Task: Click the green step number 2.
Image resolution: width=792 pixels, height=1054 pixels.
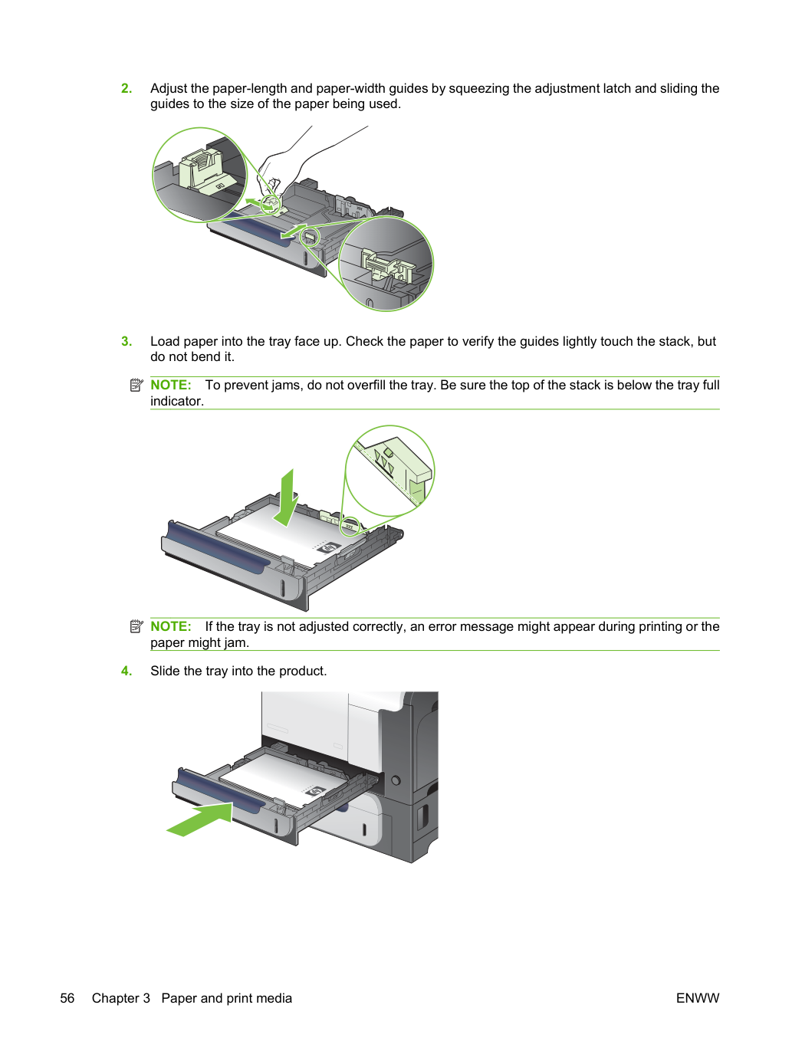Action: (127, 88)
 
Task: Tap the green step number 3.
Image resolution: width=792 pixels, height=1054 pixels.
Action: (127, 341)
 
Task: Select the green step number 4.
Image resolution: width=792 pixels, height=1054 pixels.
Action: (127, 671)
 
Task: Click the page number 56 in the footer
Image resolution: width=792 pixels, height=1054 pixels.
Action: (67, 998)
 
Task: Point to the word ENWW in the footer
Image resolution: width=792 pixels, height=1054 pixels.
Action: (698, 998)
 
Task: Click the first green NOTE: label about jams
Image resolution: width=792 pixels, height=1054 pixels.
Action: (170, 385)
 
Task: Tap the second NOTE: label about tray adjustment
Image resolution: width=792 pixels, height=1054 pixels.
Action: (170, 626)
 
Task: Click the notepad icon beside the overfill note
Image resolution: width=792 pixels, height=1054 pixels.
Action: (136, 385)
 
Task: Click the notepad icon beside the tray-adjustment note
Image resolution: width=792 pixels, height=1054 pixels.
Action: (136, 626)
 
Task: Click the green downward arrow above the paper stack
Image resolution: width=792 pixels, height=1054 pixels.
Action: (287, 498)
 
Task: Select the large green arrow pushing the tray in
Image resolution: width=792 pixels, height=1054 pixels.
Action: (200, 819)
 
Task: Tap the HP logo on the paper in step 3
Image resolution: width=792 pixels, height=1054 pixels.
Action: (330, 548)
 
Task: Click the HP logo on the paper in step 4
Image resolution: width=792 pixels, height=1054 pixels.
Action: (317, 791)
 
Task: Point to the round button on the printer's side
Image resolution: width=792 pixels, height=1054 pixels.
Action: (396, 780)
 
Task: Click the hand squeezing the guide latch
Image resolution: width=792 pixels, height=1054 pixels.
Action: (307, 163)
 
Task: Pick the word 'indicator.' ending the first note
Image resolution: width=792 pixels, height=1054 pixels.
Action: (177, 401)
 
